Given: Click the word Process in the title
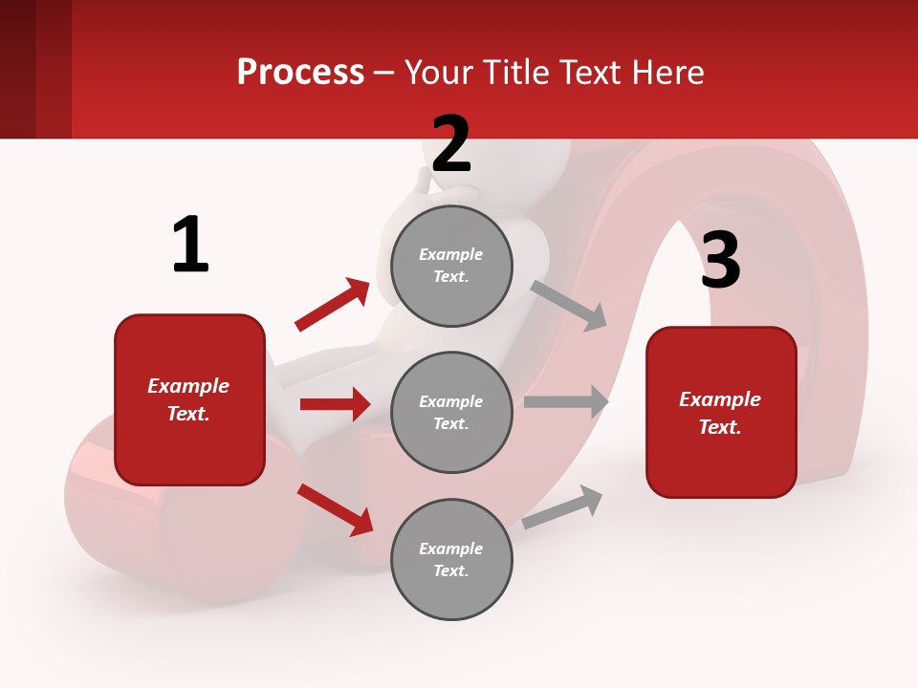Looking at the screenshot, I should pos(300,73).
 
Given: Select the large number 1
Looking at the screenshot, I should pos(190,245).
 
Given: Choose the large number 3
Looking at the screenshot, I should pos(720,261).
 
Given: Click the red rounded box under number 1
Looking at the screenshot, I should pos(189,399).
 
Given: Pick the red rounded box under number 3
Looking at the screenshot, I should pos(721,413).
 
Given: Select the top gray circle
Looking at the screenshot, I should pos(451,266).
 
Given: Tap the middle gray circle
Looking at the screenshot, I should pos(451,413).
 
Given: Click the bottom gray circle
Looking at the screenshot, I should pos(451,560).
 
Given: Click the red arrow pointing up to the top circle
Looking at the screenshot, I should pos(332,305).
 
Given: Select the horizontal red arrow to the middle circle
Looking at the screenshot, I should pos(335,404).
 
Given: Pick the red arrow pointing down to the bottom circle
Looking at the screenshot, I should pos(335,509).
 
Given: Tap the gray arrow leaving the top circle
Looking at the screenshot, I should pos(569,305).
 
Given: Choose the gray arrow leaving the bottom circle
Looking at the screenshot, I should pos(562,507).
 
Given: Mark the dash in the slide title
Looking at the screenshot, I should pos(383,74).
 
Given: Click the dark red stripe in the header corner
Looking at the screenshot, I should pos(17,69).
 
